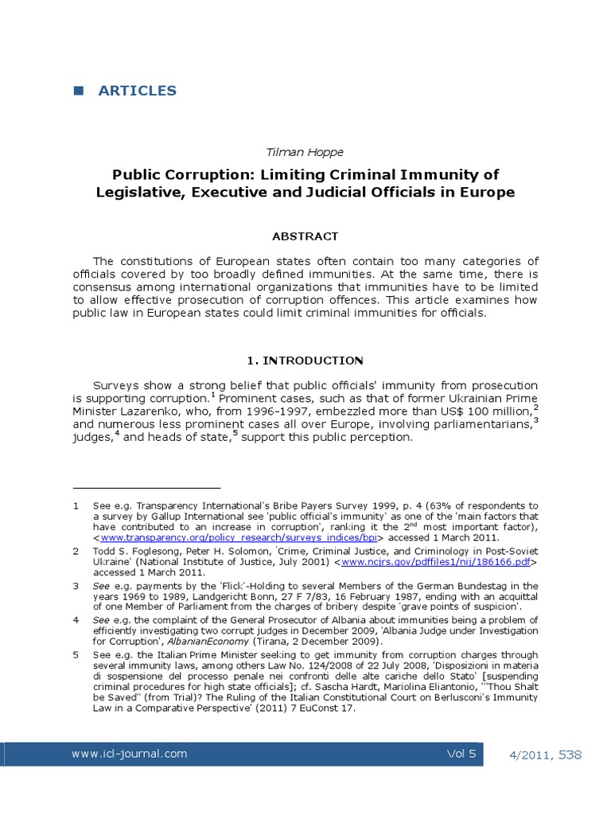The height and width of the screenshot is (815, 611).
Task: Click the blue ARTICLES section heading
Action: (x=137, y=91)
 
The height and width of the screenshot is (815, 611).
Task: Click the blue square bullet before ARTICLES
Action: (x=78, y=91)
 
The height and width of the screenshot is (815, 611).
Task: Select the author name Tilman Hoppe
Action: (x=305, y=150)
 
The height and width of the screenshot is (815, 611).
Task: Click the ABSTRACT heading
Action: (x=305, y=236)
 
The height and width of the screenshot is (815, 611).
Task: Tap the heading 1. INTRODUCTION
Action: (x=305, y=361)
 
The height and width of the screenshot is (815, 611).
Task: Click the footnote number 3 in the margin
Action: (x=76, y=585)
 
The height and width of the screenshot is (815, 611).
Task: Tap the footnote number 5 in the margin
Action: (x=76, y=655)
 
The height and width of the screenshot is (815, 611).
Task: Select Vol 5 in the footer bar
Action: (x=461, y=753)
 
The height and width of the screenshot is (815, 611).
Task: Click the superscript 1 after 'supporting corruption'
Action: (x=212, y=394)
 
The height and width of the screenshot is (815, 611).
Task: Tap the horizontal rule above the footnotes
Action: (x=146, y=487)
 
